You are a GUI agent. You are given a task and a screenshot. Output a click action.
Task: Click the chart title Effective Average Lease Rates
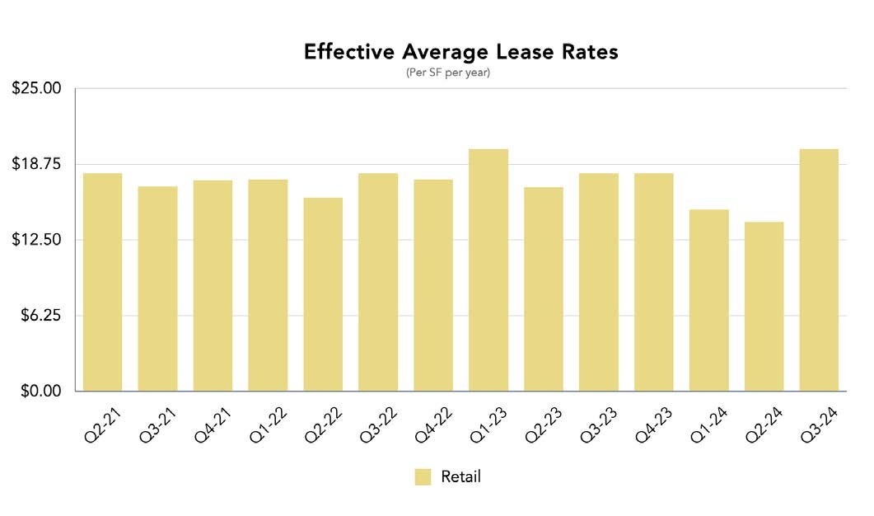pyautogui.click(x=460, y=52)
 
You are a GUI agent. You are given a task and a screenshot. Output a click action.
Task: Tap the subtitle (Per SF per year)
pyautogui.click(x=448, y=73)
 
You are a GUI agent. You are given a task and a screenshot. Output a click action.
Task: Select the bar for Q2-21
pyautogui.click(x=102, y=282)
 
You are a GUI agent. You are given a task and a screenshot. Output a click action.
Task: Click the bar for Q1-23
pyautogui.click(x=488, y=270)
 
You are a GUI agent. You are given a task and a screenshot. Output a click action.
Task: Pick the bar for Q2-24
pyautogui.click(x=764, y=306)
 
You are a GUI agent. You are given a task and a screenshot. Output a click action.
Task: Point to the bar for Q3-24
pyautogui.click(x=819, y=270)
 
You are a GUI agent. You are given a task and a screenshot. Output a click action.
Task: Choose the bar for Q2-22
pyautogui.click(x=323, y=294)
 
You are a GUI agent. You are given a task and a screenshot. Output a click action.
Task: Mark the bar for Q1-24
pyautogui.click(x=708, y=300)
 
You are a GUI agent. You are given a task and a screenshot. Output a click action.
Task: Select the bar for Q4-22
pyautogui.click(x=433, y=285)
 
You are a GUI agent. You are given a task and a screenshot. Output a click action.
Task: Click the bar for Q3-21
pyautogui.click(x=157, y=288)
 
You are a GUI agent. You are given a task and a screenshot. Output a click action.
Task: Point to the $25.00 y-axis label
pyautogui.click(x=37, y=88)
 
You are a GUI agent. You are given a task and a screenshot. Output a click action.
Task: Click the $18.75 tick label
pyautogui.click(x=37, y=164)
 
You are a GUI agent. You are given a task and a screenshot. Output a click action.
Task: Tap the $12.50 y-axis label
pyautogui.click(x=37, y=240)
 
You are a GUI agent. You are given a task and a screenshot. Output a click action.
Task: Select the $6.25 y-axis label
pyautogui.click(x=40, y=316)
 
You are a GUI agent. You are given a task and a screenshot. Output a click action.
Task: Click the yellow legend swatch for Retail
pyautogui.click(x=423, y=477)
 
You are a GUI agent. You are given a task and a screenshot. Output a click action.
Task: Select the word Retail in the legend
pyautogui.click(x=460, y=477)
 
